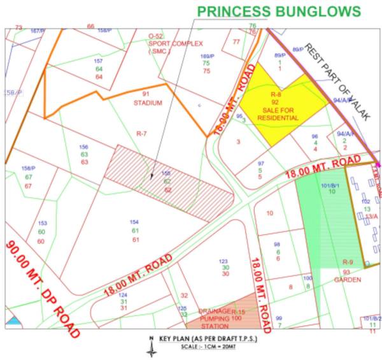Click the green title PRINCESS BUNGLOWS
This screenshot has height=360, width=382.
point(279,11)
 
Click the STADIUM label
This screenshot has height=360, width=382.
point(148,102)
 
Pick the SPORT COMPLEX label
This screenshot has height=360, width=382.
point(175,43)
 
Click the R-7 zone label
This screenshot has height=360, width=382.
point(141,134)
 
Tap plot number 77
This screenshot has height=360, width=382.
point(237,41)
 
